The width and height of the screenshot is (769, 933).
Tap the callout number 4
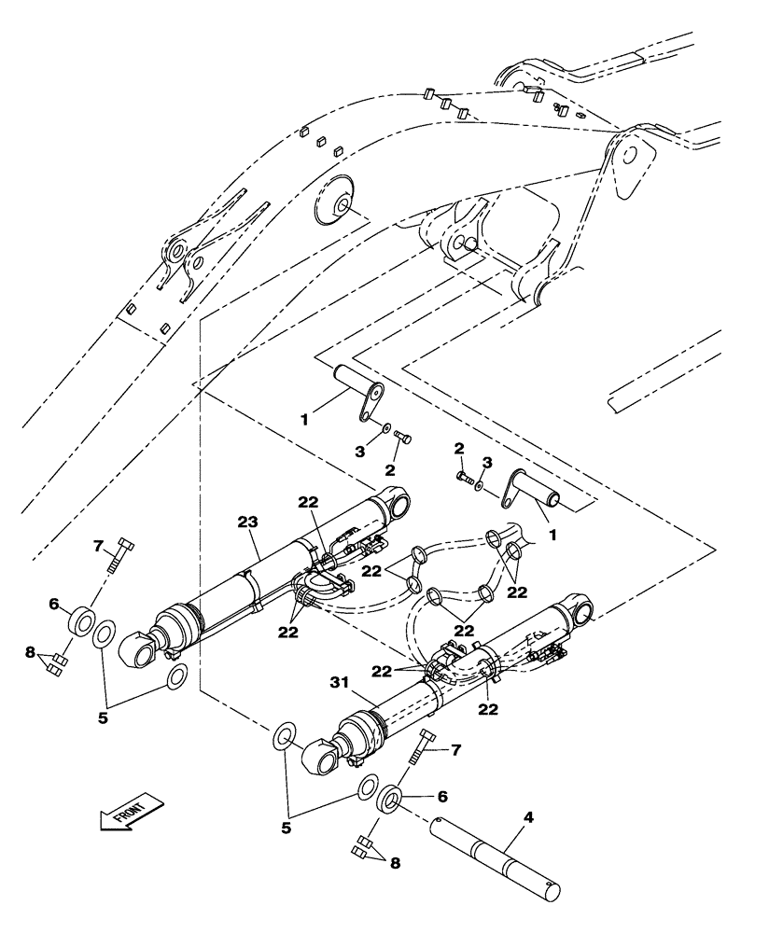(x=528, y=818)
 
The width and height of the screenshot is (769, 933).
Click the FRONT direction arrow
(x=131, y=814)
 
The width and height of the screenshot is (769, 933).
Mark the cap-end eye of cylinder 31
(x=578, y=609)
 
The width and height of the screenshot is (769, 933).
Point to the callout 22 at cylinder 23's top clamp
(x=309, y=502)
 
